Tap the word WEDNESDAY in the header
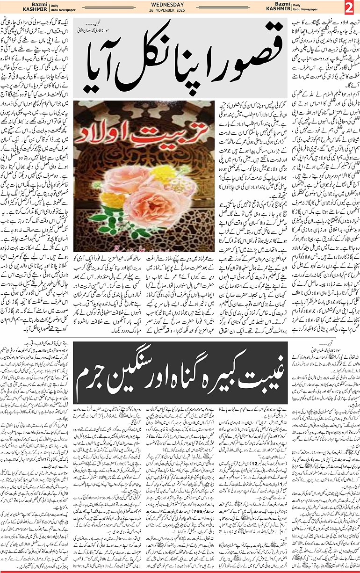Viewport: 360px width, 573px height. point(180,5)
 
